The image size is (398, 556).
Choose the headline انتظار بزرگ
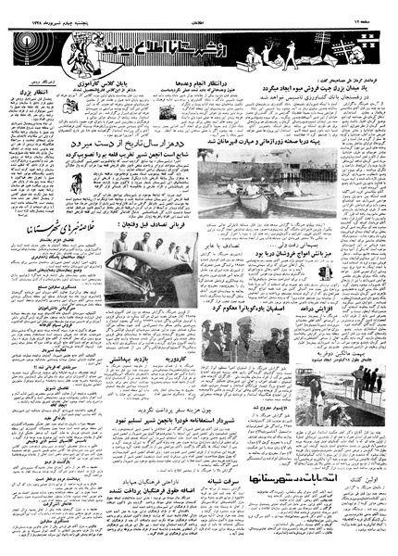29,92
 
